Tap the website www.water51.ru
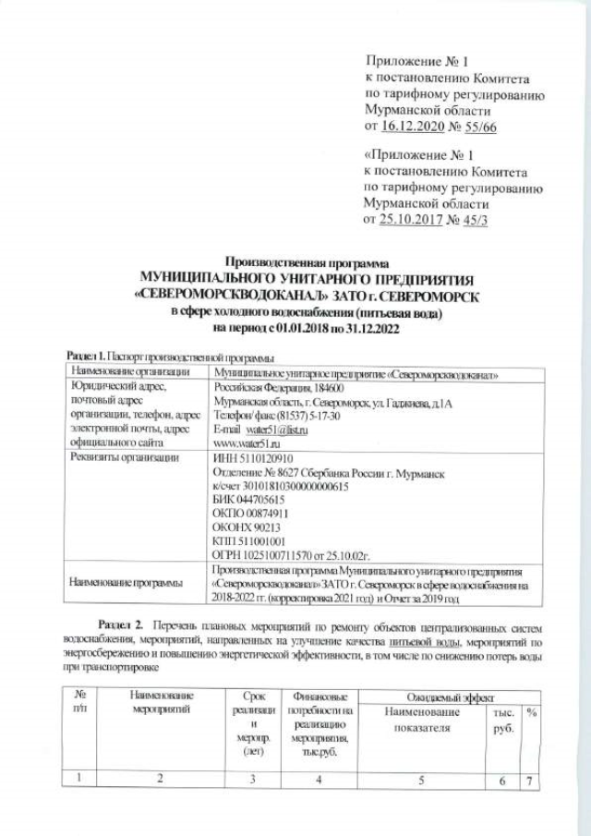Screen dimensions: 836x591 click(246, 443)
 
